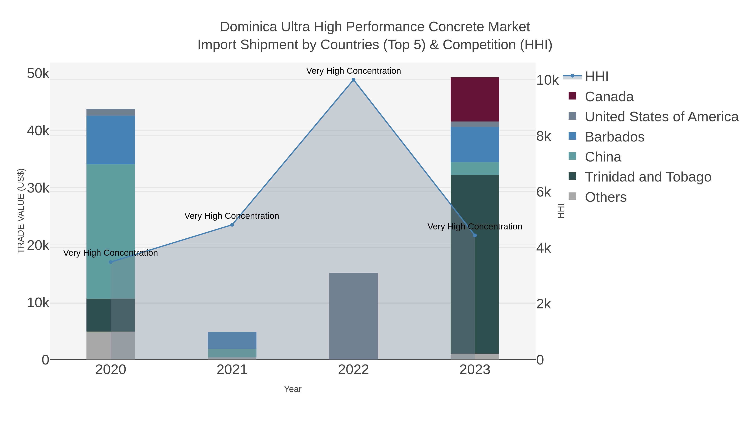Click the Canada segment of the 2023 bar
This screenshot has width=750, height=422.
pos(475,99)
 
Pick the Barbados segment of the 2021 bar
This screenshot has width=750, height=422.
pos(232,340)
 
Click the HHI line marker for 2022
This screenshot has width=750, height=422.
pos(354,80)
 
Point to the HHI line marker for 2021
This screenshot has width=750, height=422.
pos(232,225)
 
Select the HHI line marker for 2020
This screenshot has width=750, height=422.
pos(111,262)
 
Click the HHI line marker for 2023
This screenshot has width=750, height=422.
pos(475,235)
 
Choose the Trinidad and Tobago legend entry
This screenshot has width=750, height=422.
pos(648,177)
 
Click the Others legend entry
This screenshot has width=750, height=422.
pos(606,197)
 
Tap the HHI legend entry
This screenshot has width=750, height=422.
pos(596,77)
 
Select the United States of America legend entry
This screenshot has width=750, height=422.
pos(661,117)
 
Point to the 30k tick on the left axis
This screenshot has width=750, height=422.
pos(38,188)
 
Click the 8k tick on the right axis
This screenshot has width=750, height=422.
pos(544,136)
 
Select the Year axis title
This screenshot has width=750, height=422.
pos(293,389)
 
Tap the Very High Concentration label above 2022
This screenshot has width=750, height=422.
pos(354,71)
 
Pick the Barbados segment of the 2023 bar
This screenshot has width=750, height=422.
pos(475,144)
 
